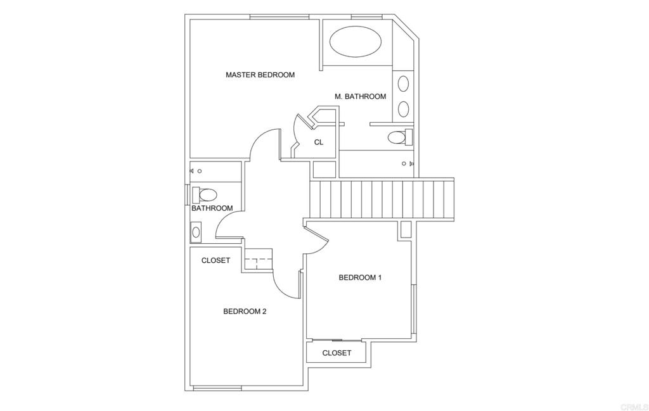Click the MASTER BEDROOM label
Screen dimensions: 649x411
(x=260, y=75)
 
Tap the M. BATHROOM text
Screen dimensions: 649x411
(x=360, y=96)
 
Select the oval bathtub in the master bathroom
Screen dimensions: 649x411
(x=356, y=42)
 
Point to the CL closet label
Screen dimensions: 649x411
(x=318, y=142)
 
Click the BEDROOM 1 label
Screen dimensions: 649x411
(x=360, y=277)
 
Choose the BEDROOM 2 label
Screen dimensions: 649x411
(x=245, y=312)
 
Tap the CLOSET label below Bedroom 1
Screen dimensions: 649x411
(x=337, y=353)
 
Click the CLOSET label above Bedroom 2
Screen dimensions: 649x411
(x=215, y=260)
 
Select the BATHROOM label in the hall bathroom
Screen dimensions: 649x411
(x=212, y=208)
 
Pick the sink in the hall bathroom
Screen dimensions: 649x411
(x=196, y=232)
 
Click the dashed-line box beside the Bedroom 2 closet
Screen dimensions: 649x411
(x=259, y=259)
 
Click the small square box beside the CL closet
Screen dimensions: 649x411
(x=324, y=170)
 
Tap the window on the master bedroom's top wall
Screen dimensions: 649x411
(x=280, y=17)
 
